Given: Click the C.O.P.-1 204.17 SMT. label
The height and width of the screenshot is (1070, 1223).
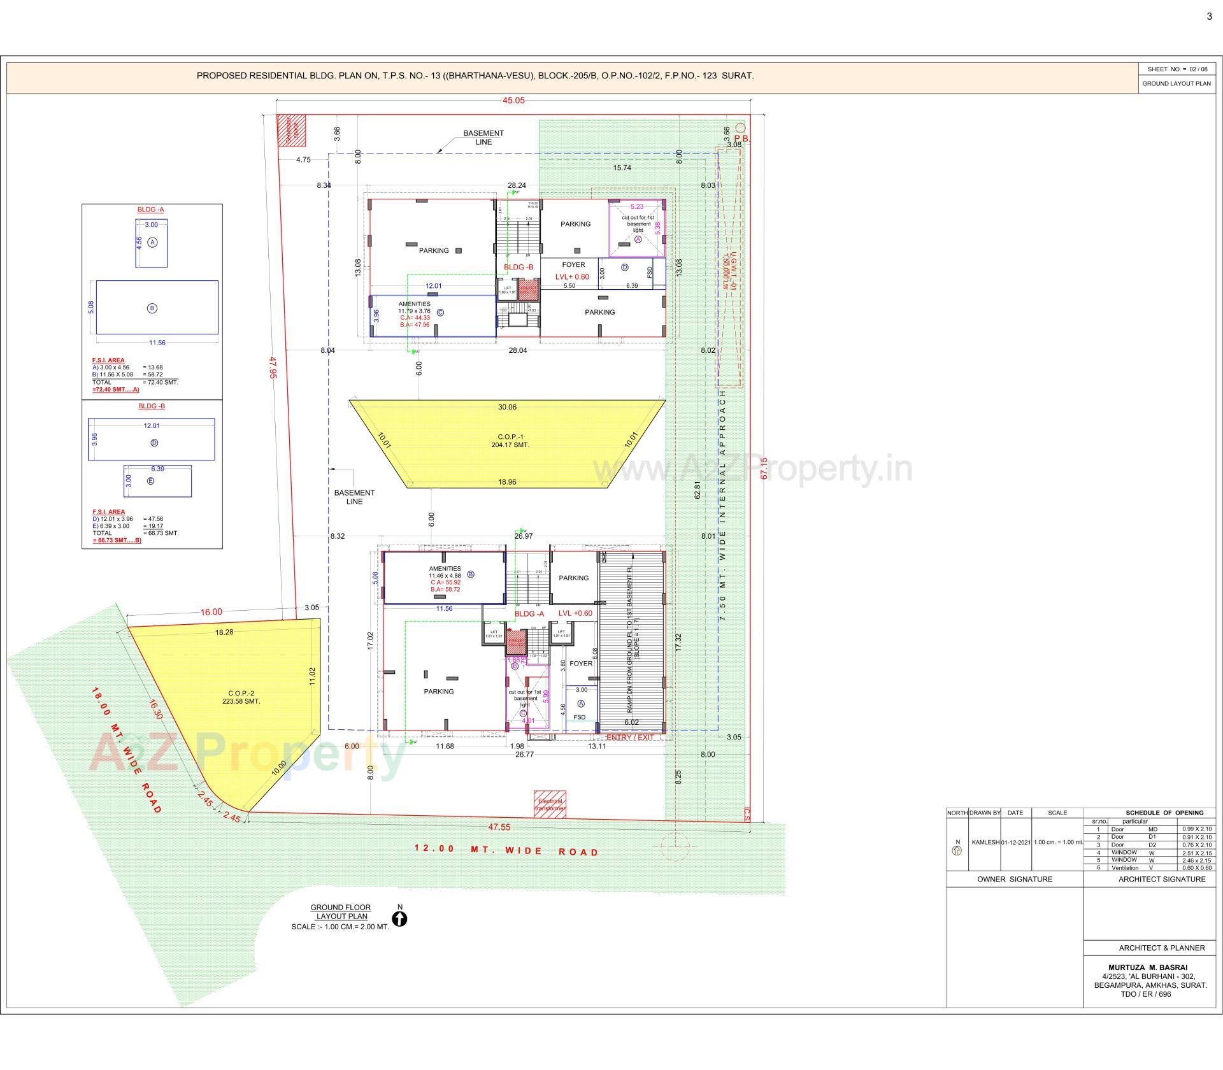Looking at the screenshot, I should pos(510,441).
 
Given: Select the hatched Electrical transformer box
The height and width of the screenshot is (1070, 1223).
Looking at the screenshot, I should pos(550,804).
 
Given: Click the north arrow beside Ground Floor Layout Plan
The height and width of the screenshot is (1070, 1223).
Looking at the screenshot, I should pos(400,919).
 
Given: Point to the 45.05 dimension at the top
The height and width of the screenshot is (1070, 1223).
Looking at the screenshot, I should pos(513,101).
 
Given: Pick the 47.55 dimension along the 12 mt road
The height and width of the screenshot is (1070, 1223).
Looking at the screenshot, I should pos(499,827).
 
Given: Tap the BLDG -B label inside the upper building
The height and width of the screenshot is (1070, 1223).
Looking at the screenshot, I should pos(519,267).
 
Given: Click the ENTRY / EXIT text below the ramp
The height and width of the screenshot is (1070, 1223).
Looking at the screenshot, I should pos(630,737).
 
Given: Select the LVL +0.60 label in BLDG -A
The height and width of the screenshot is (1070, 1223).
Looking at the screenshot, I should pos(575,613).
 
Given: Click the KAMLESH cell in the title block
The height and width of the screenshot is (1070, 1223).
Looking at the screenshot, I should pos(985,842).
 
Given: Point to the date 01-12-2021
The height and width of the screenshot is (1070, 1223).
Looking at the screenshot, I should pos(1015,842).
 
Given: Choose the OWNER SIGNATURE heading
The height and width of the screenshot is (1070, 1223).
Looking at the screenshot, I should pos(1015,879).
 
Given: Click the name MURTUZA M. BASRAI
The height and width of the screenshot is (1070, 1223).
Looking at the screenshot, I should pos(1150,967).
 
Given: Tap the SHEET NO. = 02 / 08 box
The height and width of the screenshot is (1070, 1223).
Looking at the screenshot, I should pos(1177,69).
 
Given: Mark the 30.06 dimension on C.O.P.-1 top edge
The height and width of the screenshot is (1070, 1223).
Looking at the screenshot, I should pos(507,407).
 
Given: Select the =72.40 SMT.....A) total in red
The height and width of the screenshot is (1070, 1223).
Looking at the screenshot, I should pos(115,389).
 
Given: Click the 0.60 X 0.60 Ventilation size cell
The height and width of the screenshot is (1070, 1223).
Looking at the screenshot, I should pos(1197,867).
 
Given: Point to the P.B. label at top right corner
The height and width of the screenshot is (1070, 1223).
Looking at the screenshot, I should pos(741,138).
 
